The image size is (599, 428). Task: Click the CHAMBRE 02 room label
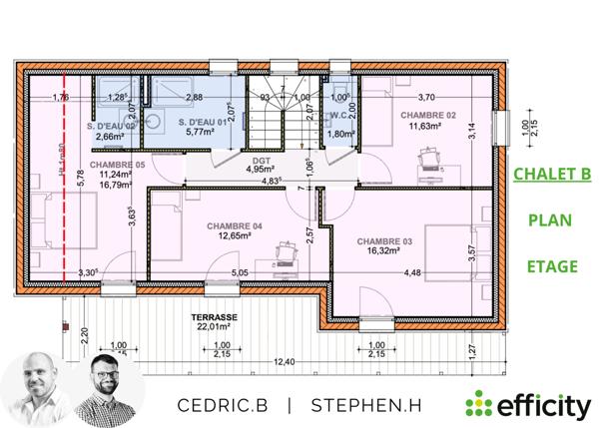[x=428, y=115]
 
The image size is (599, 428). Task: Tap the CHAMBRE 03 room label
[x=384, y=241]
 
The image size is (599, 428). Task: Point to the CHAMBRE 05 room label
[x=117, y=164]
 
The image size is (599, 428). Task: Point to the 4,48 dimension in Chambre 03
[x=413, y=272]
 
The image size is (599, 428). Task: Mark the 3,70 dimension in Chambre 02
[x=425, y=97]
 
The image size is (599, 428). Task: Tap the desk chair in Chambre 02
[x=431, y=157]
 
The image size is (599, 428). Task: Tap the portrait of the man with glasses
[x=108, y=389]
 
